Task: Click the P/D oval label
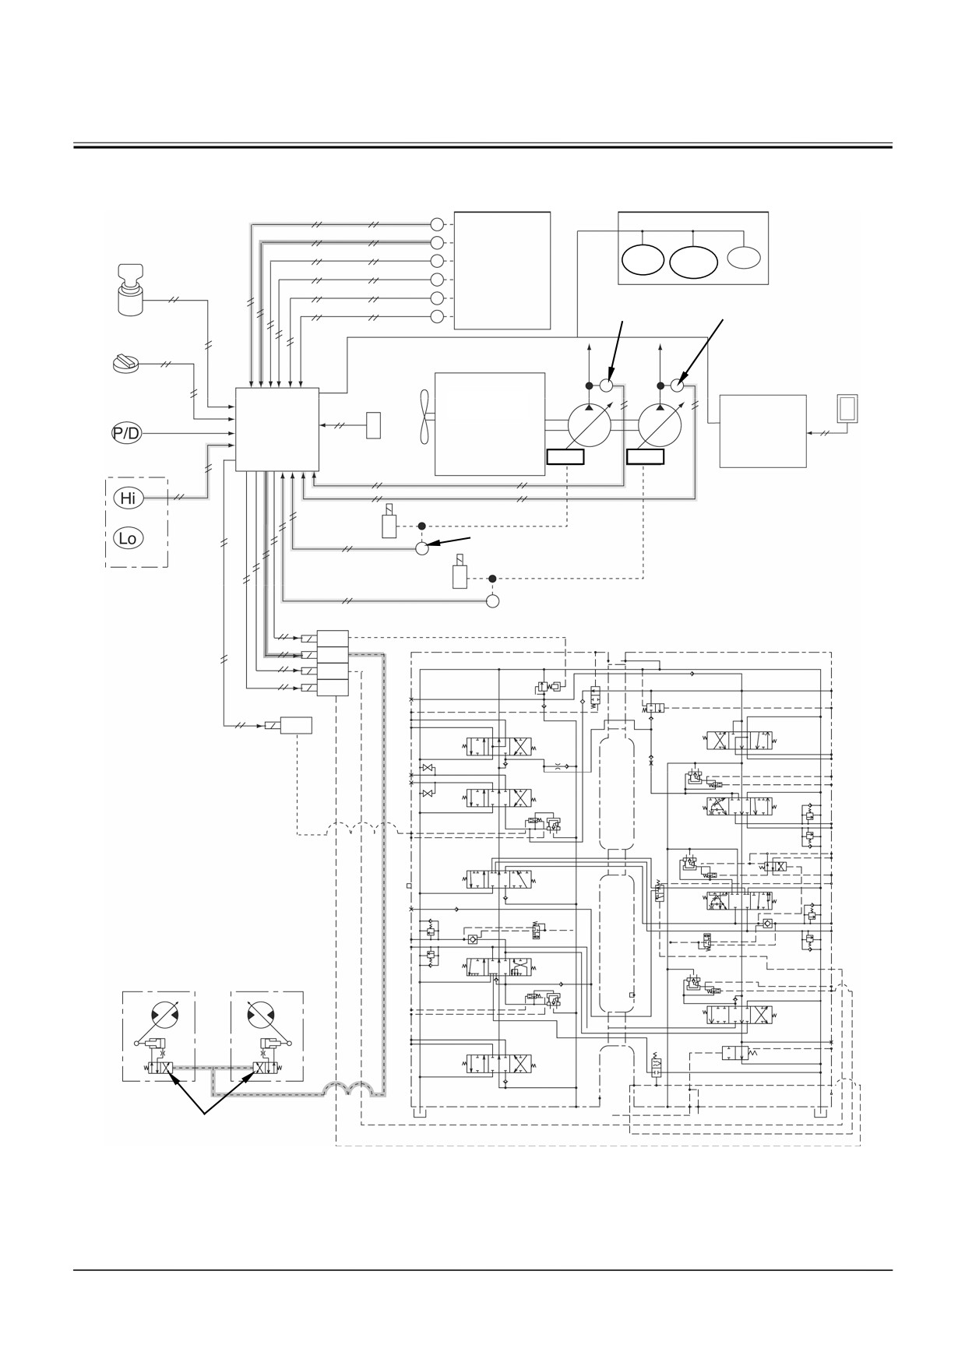tap(126, 433)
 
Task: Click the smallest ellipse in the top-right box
tap(744, 257)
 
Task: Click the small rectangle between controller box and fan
tap(374, 425)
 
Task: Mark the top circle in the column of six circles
tap(437, 223)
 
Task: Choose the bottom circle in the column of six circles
tap(437, 316)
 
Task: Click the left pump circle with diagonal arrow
tap(590, 425)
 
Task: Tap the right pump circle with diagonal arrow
tap(660, 425)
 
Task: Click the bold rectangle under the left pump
tap(565, 456)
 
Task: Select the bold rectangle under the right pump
tap(646, 456)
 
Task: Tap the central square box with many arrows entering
tap(277, 429)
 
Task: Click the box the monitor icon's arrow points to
tap(762, 431)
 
